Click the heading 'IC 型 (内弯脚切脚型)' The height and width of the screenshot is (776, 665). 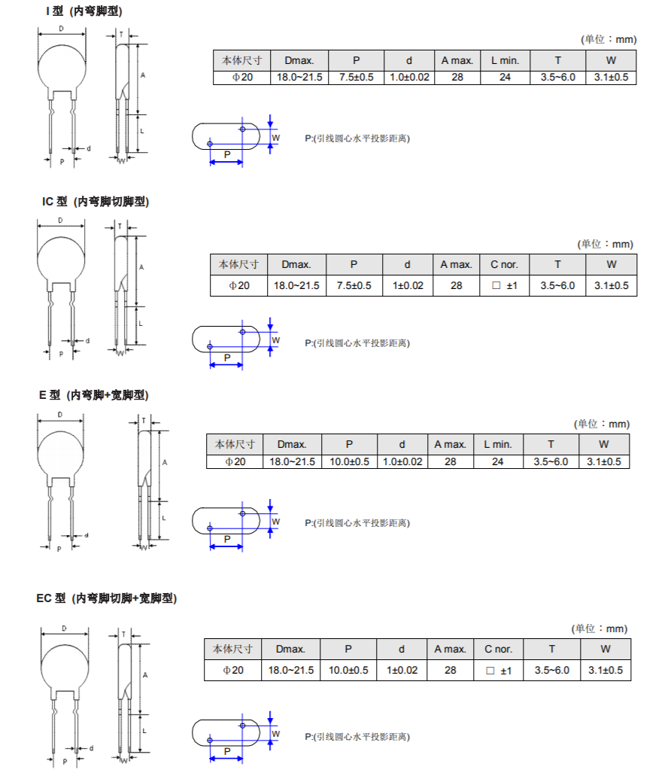[96, 202]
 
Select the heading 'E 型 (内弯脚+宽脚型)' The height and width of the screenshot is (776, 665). [93, 395]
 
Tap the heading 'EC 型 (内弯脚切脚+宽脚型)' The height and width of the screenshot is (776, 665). [107, 598]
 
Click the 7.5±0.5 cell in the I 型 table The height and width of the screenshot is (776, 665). [357, 78]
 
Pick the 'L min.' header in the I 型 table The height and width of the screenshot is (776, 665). [505, 60]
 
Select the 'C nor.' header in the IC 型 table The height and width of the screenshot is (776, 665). [504, 264]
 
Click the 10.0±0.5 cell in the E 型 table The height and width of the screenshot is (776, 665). [350, 461]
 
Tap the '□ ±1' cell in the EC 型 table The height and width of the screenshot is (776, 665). [499, 670]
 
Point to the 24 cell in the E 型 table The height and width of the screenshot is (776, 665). [497, 461]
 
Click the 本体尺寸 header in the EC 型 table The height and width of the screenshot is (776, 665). [232, 649]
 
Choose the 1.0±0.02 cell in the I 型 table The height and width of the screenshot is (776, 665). [409, 78]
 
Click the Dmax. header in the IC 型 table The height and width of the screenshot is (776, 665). [296, 264]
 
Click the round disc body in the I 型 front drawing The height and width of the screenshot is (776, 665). [62, 68]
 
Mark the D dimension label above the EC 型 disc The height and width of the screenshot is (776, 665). [64, 628]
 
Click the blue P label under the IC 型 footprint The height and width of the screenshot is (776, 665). [226, 358]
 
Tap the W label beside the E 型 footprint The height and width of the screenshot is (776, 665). [276, 522]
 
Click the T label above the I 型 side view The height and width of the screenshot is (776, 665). [120, 35]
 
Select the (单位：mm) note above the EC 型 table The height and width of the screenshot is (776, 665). [600, 629]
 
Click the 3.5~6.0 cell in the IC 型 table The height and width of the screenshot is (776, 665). [557, 286]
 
